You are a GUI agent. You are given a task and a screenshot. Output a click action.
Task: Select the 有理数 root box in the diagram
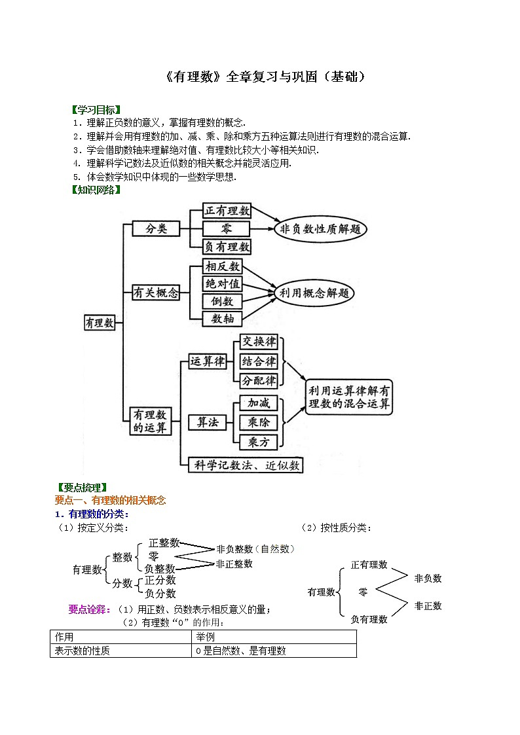(100, 323)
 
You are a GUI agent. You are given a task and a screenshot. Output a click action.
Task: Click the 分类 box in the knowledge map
(157, 228)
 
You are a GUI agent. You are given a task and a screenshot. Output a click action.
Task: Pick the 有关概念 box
(156, 293)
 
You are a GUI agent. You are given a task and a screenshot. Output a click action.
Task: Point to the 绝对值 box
(223, 283)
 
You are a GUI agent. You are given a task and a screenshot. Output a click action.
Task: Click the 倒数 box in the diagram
(223, 301)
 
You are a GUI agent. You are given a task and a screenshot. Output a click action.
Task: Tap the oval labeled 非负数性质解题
(321, 229)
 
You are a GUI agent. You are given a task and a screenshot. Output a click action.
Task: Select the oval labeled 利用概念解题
(313, 293)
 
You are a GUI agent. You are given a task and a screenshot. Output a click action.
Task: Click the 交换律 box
(259, 342)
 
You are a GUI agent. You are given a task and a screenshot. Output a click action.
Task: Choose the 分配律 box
(259, 380)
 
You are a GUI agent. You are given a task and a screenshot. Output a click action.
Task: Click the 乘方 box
(259, 442)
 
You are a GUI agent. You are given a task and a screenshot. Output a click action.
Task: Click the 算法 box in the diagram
(207, 422)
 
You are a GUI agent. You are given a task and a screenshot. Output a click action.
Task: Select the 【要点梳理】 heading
(82, 487)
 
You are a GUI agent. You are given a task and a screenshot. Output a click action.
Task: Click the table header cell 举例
(204, 637)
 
